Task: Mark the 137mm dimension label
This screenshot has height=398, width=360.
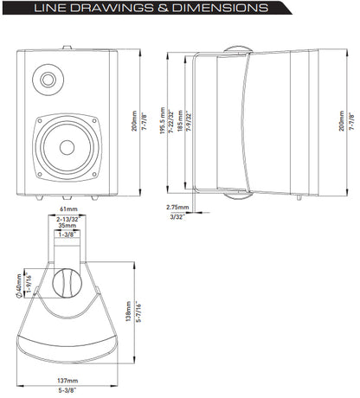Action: (67, 379)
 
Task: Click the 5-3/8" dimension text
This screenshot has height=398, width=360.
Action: (67, 390)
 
